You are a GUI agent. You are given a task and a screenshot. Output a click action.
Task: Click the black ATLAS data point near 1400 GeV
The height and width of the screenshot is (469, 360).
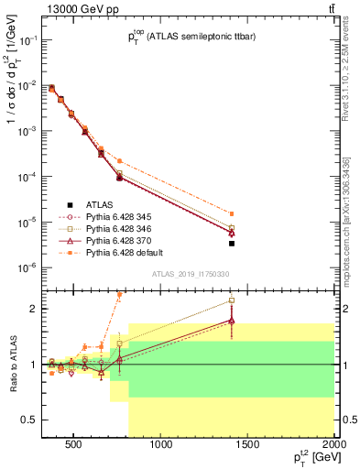pos(232,244)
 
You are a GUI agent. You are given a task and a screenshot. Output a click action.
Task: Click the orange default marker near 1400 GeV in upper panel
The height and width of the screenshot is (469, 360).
pos(232,213)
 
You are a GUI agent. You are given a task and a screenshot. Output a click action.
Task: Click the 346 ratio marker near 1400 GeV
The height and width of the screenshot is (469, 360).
pos(232,300)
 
